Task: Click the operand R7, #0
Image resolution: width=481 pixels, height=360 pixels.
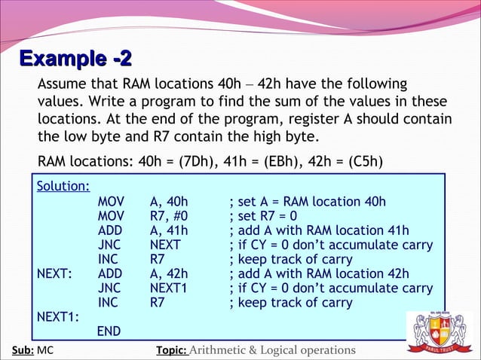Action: coord(170,216)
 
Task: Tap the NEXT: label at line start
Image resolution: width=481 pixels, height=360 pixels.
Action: coord(55,274)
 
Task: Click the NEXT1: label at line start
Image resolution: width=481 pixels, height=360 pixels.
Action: coord(59,317)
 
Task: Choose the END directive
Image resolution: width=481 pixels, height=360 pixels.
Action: coord(109,331)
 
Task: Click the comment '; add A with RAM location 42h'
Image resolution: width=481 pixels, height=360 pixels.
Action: coord(319,274)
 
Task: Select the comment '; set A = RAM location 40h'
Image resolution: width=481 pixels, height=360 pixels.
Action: coord(308,202)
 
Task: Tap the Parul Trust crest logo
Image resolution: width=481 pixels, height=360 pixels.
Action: coord(440,328)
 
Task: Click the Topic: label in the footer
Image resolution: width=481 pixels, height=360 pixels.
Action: coord(171,350)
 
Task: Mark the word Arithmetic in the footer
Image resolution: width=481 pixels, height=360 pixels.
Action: coord(224,350)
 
